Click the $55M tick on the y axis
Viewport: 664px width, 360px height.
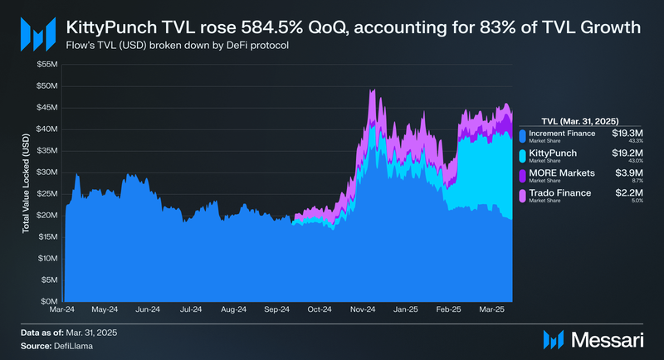[x=46, y=64]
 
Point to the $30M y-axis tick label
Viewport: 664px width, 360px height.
[x=46, y=172]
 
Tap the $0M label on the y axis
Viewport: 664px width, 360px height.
[x=48, y=301]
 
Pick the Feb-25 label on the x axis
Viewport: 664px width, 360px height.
[x=449, y=309]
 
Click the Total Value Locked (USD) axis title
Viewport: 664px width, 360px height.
[x=27, y=182]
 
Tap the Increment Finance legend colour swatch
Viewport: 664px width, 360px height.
[x=521, y=136]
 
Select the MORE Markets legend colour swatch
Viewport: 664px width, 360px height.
[x=521, y=177]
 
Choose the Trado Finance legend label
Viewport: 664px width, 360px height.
[x=560, y=193]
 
